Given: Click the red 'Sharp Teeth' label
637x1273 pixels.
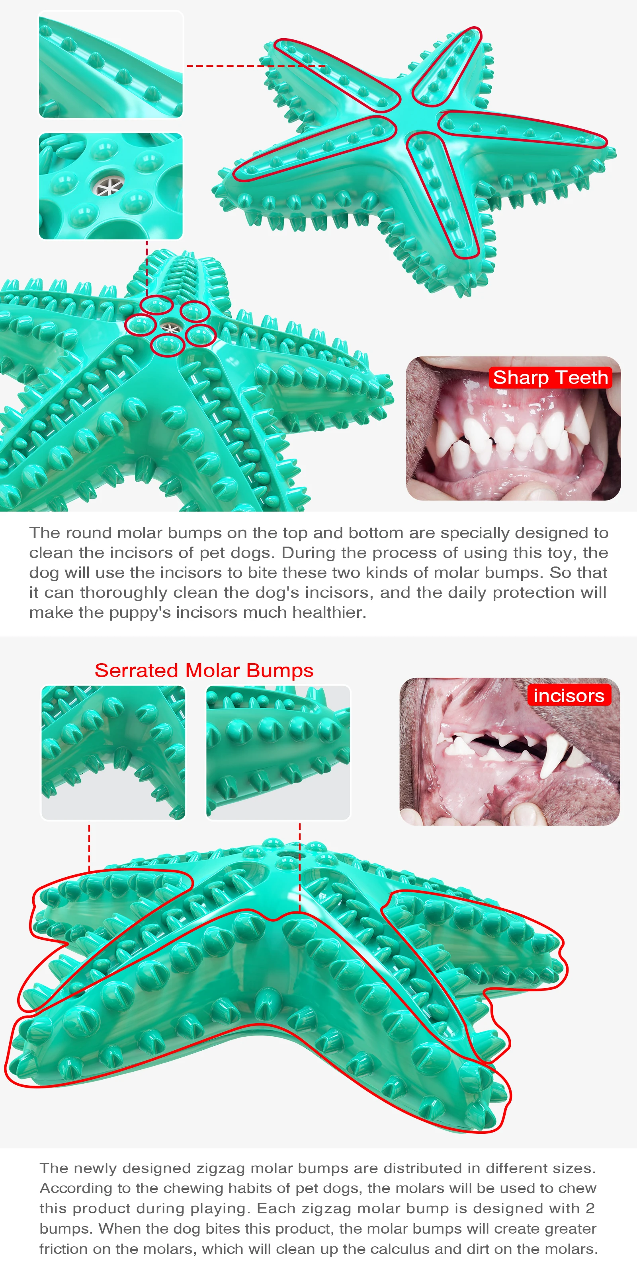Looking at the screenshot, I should (x=550, y=378).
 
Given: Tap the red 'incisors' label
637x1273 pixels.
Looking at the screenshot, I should (x=569, y=695).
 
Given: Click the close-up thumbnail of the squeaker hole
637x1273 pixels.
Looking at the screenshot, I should (x=110, y=186).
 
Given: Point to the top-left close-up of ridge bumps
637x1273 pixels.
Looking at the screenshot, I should (x=110, y=65).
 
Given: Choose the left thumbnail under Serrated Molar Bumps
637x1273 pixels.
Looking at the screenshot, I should (x=113, y=752).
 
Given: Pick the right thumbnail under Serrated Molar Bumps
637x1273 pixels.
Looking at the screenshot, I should (x=278, y=752).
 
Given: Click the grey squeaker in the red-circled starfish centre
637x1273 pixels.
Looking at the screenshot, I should (x=170, y=327).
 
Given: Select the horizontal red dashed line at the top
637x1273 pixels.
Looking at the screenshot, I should (x=255, y=66).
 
